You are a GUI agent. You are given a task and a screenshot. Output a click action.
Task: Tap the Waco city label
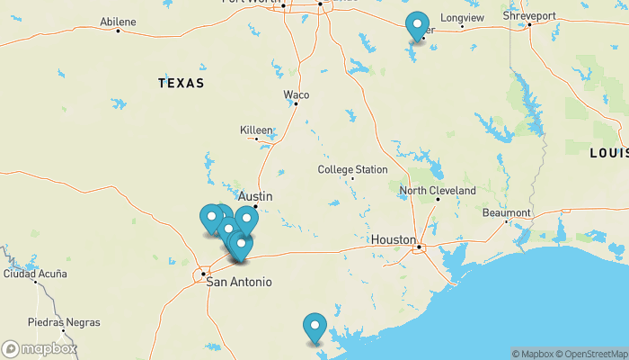click(297, 94)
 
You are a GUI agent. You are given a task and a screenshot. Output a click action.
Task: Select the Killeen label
click(256, 130)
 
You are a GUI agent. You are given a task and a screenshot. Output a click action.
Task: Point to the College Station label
click(352, 169)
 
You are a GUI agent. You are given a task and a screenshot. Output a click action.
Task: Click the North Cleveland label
click(438, 191)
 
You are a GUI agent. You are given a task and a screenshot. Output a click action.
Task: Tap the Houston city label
click(394, 240)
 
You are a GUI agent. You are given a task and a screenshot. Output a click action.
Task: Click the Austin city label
click(255, 196)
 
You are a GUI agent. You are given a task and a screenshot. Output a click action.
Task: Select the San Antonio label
click(239, 282)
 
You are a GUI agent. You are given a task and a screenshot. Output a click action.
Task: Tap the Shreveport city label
click(529, 16)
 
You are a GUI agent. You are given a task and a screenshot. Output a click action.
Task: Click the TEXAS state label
click(181, 83)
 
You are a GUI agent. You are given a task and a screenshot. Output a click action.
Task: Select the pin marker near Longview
click(417, 25)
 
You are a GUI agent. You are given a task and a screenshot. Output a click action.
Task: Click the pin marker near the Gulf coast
click(314, 326)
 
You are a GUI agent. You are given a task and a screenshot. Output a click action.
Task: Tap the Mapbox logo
click(39, 348)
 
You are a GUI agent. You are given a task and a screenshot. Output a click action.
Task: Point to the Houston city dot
click(419, 247)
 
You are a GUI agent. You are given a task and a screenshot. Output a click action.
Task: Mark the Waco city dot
click(296, 103)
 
